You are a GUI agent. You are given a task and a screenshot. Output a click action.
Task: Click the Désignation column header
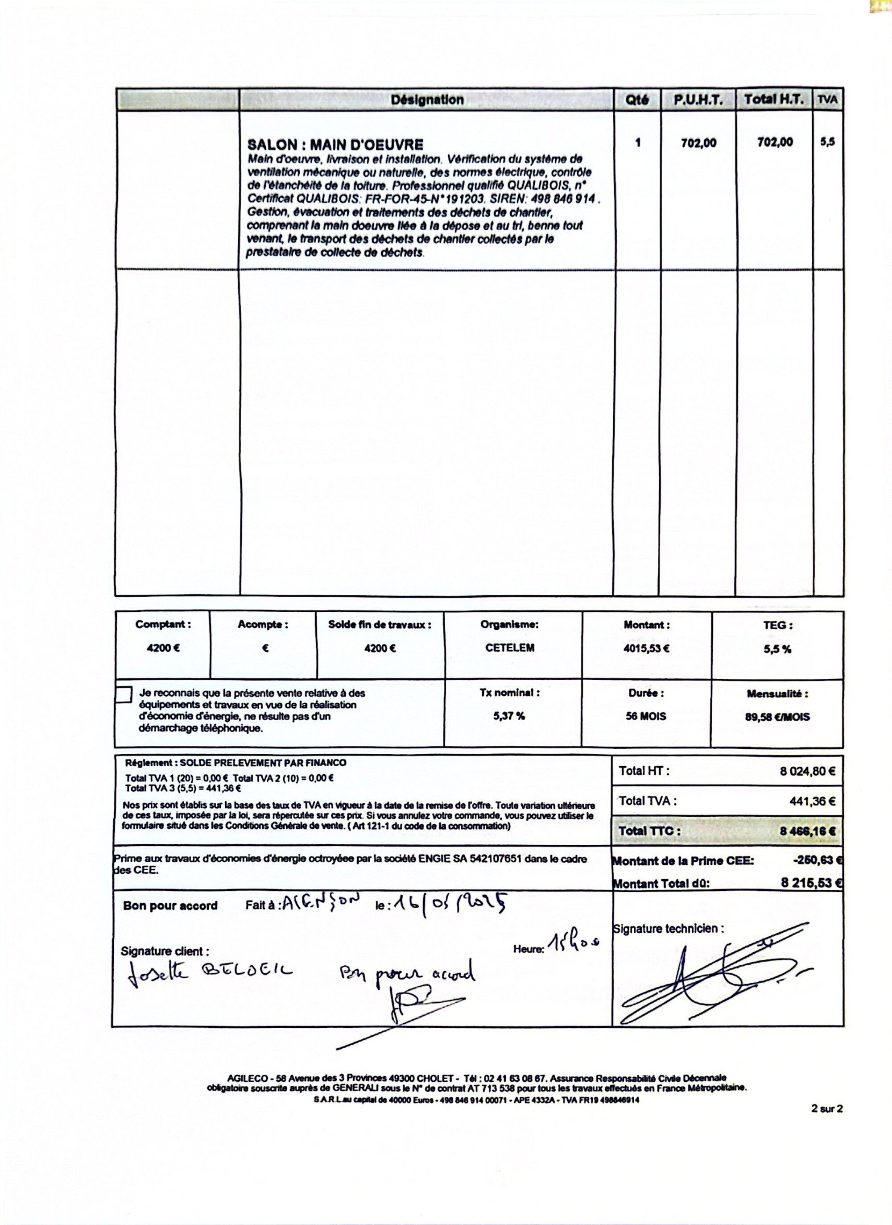click(x=426, y=100)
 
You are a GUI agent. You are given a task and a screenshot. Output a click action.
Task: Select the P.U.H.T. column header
click(x=698, y=100)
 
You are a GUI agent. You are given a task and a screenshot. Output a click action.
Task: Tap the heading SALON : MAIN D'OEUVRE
click(x=335, y=145)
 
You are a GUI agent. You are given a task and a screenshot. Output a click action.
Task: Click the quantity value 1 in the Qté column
click(x=638, y=143)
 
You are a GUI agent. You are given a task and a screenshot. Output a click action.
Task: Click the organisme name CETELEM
click(x=510, y=648)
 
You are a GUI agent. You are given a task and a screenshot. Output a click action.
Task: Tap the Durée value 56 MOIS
click(x=646, y=717)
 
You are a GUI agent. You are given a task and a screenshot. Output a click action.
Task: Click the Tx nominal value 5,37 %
click(x=508, y=716)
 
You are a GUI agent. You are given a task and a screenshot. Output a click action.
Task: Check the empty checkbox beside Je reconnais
click(x=124, y=695)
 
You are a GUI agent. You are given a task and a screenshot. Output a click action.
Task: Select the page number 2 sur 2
click(x=826, y=1109)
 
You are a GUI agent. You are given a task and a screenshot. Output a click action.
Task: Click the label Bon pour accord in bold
click(x=170, y=906)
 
